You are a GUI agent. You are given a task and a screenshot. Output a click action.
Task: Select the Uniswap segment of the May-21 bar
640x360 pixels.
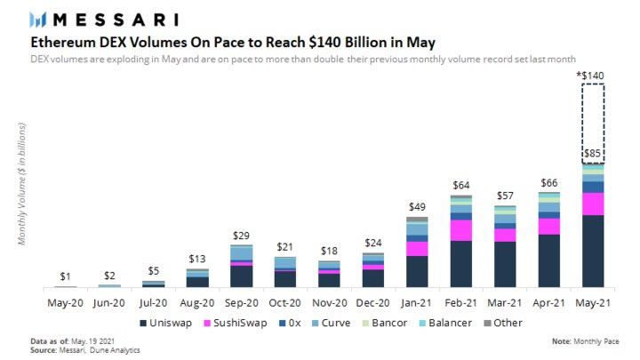pyautogui.click(x=593, y=251)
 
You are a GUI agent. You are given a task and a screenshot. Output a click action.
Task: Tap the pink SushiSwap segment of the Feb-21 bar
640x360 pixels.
pyautogui.click(x=461, y=229)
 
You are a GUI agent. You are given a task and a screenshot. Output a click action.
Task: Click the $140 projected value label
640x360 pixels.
pyautogui.click(x=590, y=75)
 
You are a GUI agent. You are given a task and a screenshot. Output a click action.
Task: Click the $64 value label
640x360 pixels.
pyautogui.click(x=461, y=185)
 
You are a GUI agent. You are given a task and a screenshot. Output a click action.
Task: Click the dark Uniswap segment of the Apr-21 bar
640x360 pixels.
pyautogui.click(x=549, y=260)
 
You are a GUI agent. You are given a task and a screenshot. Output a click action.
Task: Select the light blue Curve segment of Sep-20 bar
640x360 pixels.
pyautogui.click(x=242, y=253)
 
